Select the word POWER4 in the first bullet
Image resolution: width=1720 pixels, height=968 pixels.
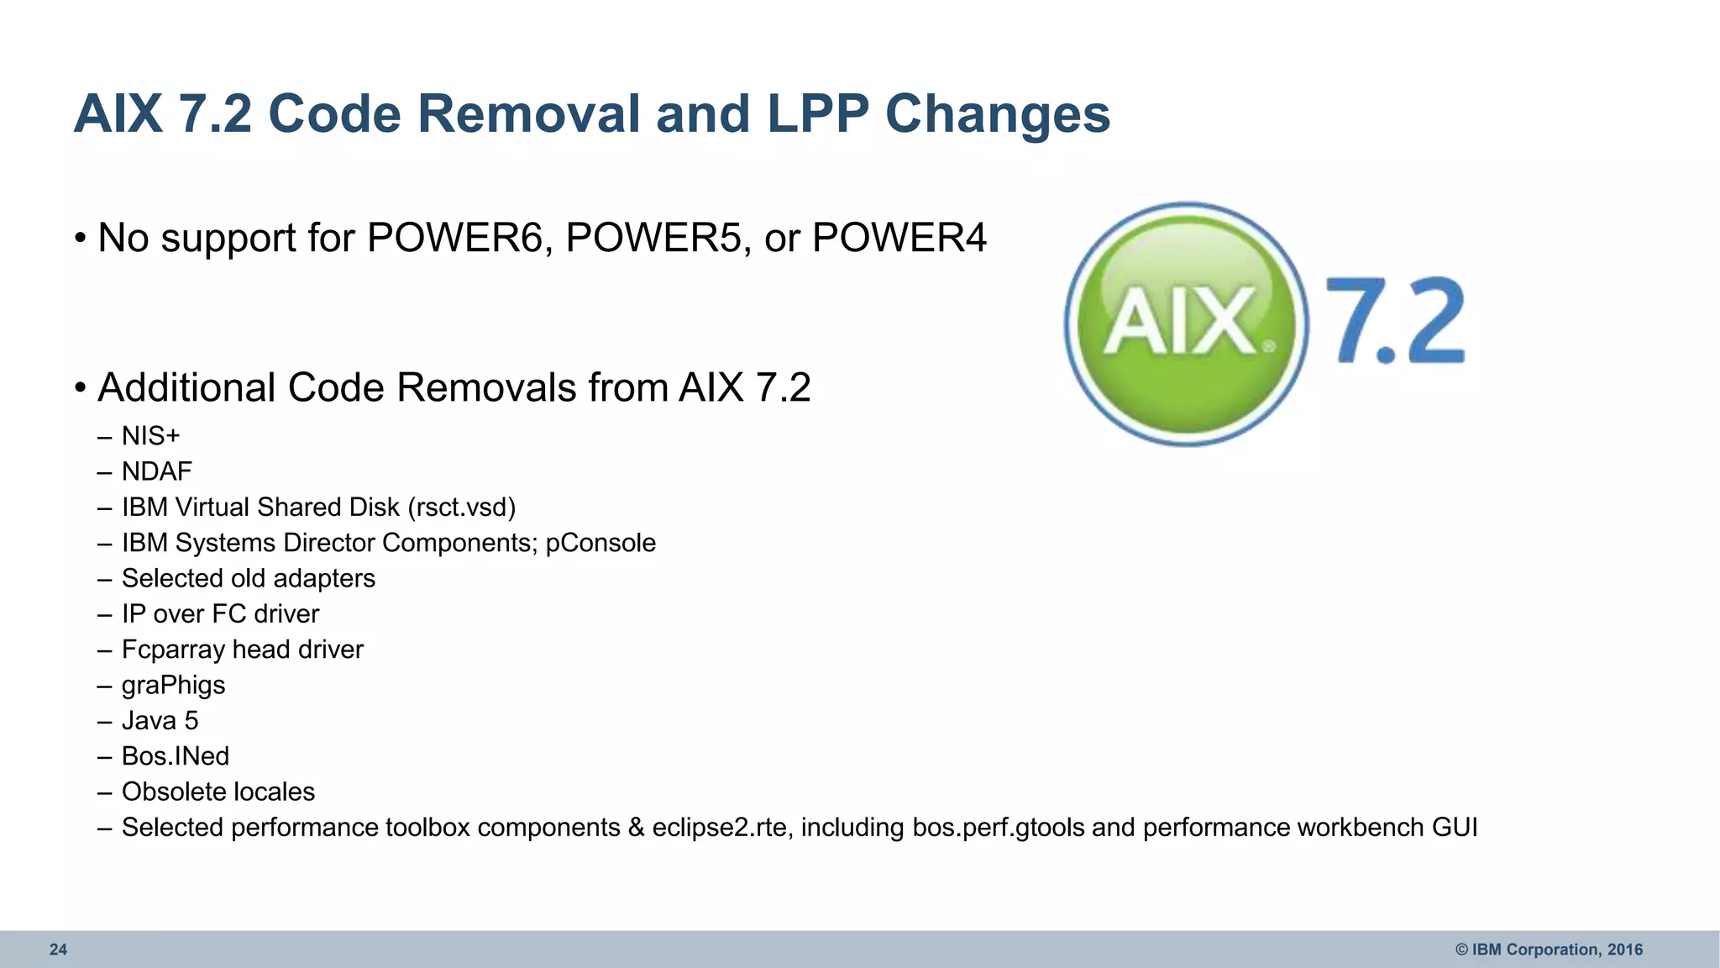pos(899,238)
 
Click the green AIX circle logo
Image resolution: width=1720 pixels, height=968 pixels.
pos(1186,324)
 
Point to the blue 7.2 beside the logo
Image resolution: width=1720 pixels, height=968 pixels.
pos(1396,321)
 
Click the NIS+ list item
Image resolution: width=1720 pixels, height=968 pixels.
pos(150,436)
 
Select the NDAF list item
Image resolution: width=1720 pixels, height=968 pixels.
pos(156,471)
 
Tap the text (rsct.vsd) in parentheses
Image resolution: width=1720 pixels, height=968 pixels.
pos(462,508)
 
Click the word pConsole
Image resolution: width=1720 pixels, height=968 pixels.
pos(600,543)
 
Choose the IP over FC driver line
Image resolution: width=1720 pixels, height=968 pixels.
pos(220,614)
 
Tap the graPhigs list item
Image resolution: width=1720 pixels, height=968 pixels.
pos(173,686)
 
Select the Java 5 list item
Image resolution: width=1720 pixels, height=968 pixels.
pos(160,721)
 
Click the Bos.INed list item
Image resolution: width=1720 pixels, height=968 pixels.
pos(175,756)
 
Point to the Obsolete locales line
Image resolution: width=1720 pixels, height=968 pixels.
pos(218,792)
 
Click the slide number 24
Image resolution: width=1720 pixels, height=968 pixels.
pos(58,950)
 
